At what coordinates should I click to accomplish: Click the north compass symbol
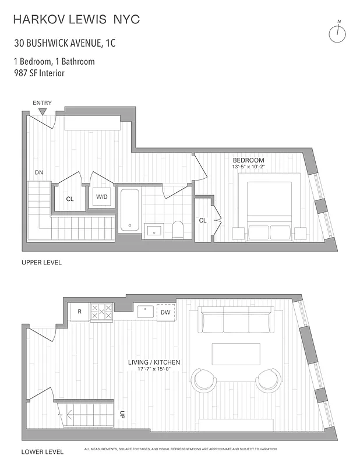337,33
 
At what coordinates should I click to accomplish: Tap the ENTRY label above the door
42,103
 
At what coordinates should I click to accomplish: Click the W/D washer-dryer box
102,197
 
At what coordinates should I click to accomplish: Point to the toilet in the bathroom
179,231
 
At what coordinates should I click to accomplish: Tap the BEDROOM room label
248,160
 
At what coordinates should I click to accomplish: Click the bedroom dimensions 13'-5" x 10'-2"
249,168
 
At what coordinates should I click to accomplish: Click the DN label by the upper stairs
39,172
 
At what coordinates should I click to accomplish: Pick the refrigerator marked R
79,312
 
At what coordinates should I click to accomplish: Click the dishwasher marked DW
165,312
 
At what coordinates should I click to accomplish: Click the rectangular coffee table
235,354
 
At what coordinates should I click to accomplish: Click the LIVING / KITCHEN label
154,362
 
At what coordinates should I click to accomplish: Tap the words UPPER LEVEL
41,263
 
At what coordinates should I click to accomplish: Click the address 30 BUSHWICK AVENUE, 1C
65,43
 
